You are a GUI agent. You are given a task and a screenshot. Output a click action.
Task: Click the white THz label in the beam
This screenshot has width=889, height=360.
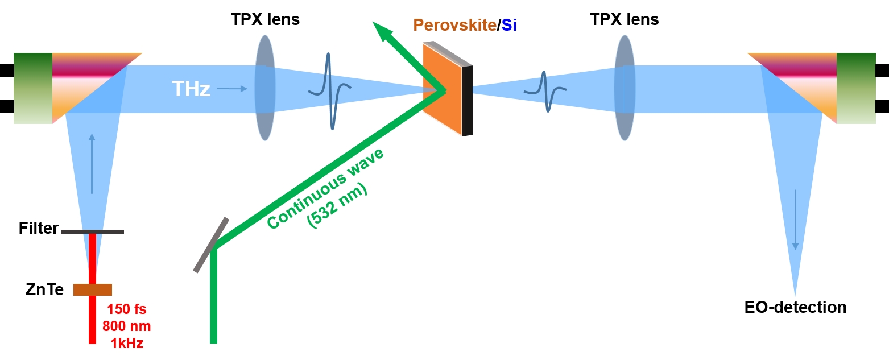191,89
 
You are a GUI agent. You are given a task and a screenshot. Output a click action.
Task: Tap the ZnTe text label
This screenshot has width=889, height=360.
44,290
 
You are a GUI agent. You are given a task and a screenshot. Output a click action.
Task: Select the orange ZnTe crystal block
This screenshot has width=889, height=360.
93,289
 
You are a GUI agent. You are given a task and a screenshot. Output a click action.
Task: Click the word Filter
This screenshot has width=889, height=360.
39,229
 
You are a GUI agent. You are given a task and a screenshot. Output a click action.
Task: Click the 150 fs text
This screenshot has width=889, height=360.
127,310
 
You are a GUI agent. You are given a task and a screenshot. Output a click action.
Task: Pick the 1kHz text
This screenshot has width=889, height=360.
127,343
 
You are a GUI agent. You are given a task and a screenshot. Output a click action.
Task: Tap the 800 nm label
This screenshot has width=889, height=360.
127,326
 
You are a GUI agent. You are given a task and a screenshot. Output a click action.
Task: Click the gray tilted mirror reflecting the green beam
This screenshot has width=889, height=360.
210,245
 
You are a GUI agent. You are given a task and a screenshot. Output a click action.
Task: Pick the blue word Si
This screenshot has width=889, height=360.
509,26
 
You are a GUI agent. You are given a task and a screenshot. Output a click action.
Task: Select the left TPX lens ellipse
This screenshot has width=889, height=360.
265,88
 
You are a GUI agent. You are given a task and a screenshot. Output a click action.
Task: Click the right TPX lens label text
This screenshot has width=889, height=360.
625,20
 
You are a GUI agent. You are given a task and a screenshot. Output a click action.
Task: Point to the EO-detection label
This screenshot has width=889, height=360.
795,308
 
